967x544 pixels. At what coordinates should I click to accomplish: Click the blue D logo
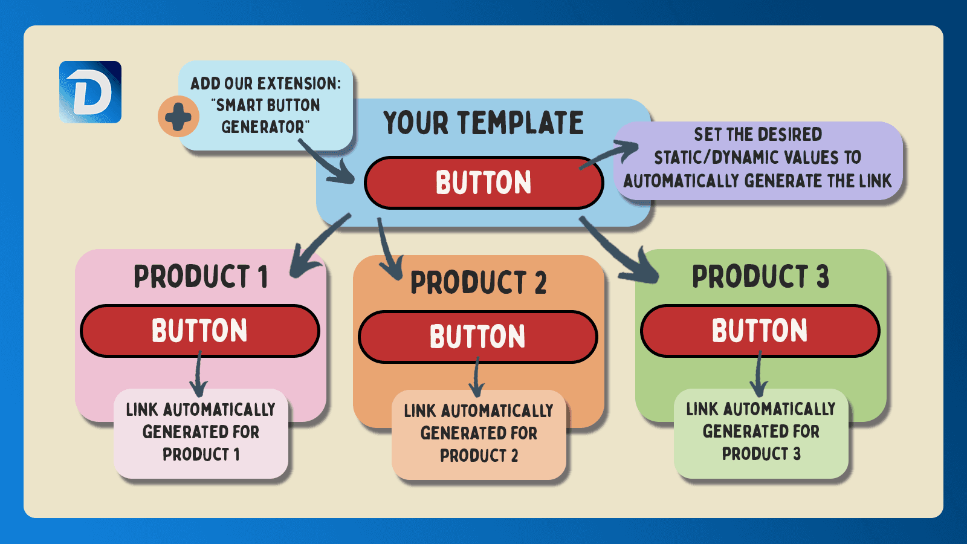[x=90, y=92]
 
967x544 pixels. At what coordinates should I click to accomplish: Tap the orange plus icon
[x=178, y=116]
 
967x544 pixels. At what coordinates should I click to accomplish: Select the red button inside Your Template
[x=483, y=183]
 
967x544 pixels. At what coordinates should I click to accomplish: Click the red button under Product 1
[x=199, y=331]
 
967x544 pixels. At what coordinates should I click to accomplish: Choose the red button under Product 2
[x=477, y=337]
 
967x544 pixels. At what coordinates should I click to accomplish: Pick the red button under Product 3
[x=760, y=331]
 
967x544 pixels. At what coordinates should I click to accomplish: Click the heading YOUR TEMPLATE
[x=483, y=123]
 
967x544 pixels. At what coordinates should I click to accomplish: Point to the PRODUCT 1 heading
[x=200, y=277]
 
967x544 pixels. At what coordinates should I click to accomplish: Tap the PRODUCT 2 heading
[x=478, y=283]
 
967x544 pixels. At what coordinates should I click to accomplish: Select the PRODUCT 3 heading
[x=760, y=277]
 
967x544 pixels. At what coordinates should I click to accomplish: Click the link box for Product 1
[x=201, y=432]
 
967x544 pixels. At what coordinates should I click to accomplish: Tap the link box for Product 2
[x=479, y=434]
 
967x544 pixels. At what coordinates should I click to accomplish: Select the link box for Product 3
[x=761, y=432]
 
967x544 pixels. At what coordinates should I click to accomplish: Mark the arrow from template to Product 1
[x=317, y=245]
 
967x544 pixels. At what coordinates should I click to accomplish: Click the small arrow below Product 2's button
[x=477, y=378]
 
